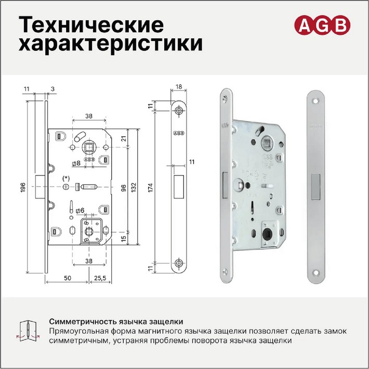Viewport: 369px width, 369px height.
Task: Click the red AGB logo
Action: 322,25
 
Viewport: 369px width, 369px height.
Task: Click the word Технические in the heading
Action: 91,24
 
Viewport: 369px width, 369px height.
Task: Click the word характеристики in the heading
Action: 110,44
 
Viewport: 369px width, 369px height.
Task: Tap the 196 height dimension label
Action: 22,187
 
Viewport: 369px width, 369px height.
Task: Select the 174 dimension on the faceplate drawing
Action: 150,188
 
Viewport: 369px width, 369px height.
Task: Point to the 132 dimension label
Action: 134,187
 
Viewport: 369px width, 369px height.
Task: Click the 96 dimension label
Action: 124,188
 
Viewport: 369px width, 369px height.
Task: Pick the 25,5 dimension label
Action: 100,278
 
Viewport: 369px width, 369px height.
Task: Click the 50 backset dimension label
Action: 68,278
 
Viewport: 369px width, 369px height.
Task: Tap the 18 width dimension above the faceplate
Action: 179,87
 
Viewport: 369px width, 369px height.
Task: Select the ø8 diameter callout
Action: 76,163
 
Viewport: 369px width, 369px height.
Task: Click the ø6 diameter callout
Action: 80,210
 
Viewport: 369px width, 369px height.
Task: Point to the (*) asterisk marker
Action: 66,178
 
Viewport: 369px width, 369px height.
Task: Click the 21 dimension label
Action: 124,138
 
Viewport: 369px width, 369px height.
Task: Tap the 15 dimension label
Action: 124,238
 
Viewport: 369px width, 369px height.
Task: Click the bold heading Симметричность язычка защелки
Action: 116,322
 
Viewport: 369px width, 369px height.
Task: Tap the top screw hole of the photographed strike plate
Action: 315,101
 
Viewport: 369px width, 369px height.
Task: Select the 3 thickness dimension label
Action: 52,89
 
